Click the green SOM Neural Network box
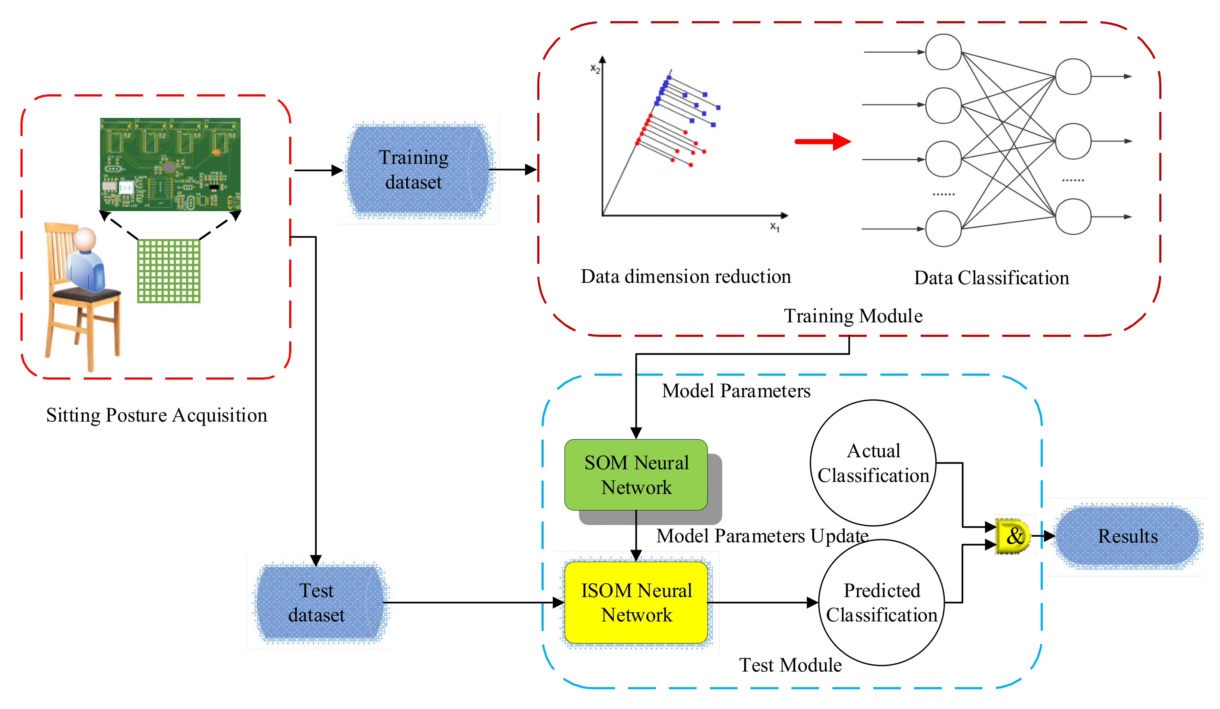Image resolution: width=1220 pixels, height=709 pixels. tap(636, 475)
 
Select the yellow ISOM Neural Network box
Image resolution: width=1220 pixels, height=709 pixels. tap(636, 602)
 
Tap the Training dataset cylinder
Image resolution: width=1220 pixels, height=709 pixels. tap(416, 169)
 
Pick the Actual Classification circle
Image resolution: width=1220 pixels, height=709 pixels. tap(873, 463)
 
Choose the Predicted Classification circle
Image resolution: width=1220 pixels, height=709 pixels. tap(881, 602)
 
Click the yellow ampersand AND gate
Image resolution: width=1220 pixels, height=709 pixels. tap(1013, 536)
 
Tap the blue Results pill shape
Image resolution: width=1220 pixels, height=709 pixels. tap(1127, 536)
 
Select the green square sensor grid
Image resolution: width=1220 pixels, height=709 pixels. tap(168, 271)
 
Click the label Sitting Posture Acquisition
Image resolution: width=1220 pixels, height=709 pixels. tap(156, 415)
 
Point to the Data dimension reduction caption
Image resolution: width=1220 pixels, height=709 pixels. tap(686, 276)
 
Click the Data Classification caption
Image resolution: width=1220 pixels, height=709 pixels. tap(991, 278)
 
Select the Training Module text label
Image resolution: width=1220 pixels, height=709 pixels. tap(853, 316)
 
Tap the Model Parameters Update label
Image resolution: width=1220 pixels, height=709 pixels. tap(762, 536)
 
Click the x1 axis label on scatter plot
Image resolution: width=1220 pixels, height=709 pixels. tap(775, 227)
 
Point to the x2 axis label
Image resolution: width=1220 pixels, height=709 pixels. tap(595, 69)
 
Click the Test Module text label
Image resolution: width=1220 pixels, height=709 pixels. tap(790, 665)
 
